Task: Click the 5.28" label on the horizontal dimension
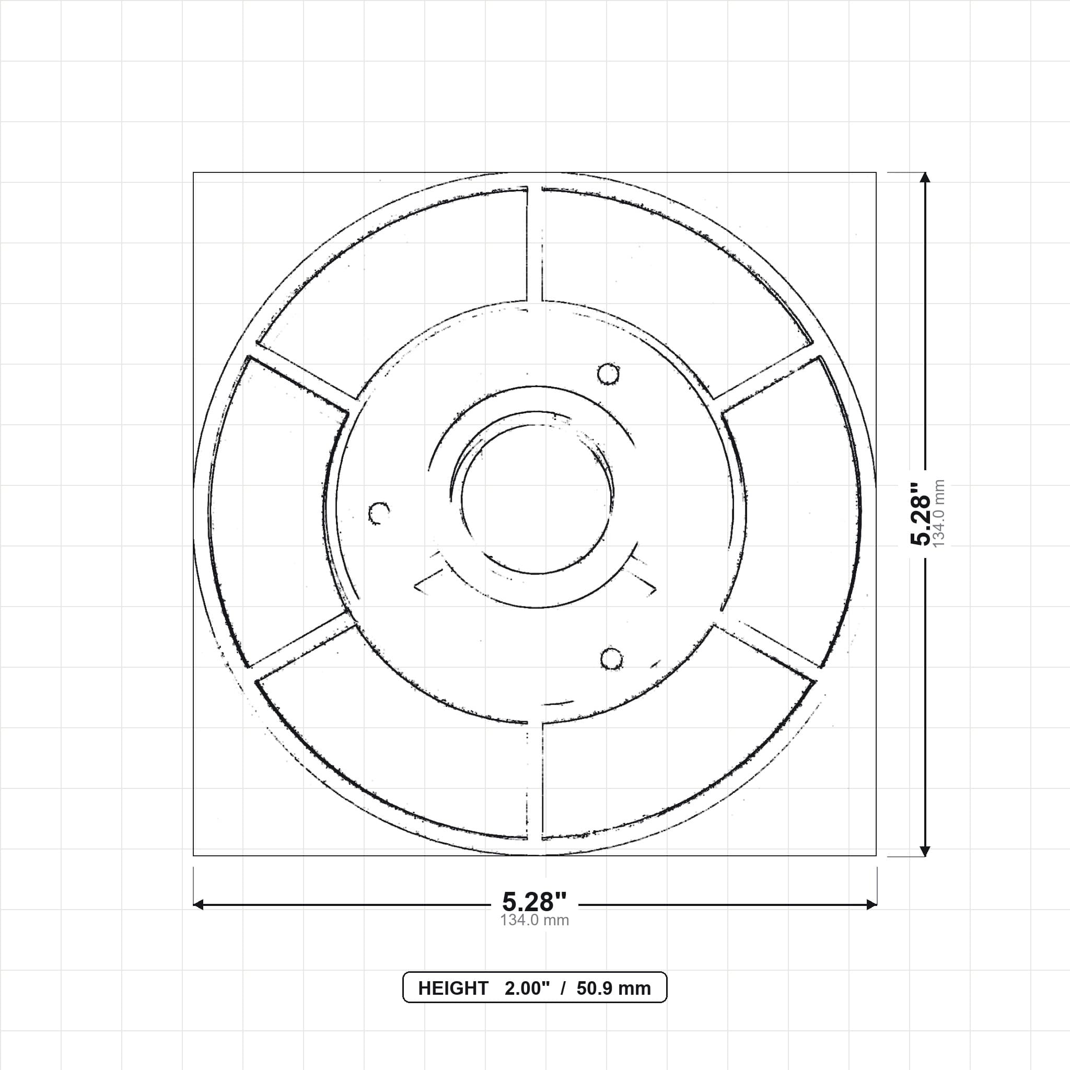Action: tap(534, 902)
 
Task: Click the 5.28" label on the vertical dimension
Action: tap(922, 514)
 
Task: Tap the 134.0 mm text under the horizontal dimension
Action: tap(534, 921)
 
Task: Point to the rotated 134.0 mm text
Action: tap(939, 514)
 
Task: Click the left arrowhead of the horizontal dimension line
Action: tap(198, 905)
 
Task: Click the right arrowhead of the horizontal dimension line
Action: tap(871, 905)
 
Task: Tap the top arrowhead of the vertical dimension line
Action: tap(924, 177)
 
